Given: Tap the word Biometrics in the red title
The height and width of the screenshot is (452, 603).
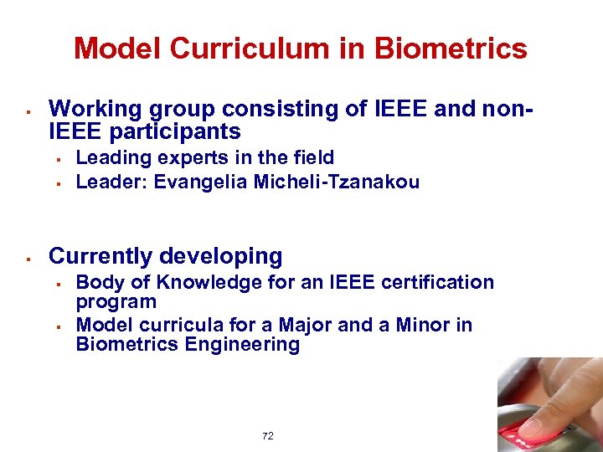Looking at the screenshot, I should pyautogui.click(x=451, y=49).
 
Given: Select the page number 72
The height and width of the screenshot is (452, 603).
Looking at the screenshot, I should pyautogui.click(x=268, y=436).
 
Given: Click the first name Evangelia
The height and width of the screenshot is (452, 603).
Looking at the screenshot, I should pyautogui.click(x=198, y=182).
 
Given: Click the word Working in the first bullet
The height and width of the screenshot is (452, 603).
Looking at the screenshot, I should pyautogui.click(x=97, y=108).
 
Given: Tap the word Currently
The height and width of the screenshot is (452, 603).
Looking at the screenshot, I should pyautogui.click(x=102, y=256).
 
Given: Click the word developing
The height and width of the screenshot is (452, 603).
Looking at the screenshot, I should pyautogui.click(x=221, y=257).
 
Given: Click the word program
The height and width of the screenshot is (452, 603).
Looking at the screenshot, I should pyautogui.click(x=116, y=301).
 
